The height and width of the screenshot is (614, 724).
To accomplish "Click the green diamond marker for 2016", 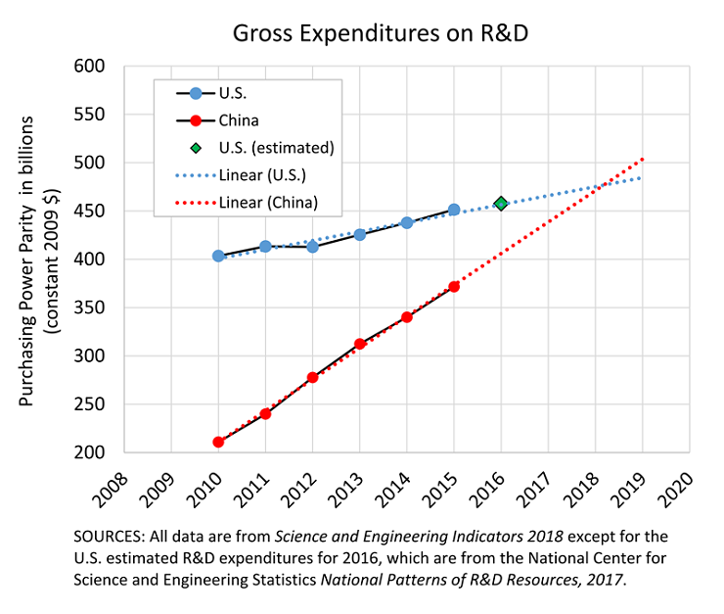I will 501,204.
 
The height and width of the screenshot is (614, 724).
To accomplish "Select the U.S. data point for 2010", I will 218,256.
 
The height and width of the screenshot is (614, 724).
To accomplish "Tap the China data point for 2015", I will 454,286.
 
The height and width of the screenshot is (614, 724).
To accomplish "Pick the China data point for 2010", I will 218,442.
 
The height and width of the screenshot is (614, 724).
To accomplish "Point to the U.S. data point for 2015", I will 454,210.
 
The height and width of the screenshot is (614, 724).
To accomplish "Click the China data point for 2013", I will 360,344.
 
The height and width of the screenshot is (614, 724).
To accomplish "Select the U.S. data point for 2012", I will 312,247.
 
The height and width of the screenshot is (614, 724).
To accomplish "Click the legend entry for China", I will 239,120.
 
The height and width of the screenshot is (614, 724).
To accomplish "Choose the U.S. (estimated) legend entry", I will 276,148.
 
